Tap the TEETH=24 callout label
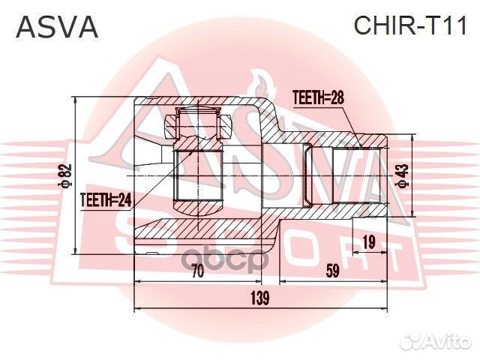pyautogui.click(x=106, y=199)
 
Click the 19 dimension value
pyautogui.click(x=368, y=241)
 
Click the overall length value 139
pyautogui.click(x=259, y=298)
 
